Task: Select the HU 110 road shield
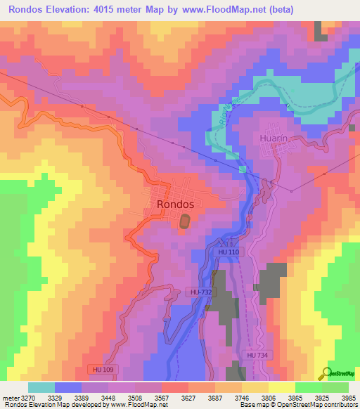point(228,251)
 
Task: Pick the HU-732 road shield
point(201,292)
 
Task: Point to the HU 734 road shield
point(257,356)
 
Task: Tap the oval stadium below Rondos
point(184,221)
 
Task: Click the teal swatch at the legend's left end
point(41,387)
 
